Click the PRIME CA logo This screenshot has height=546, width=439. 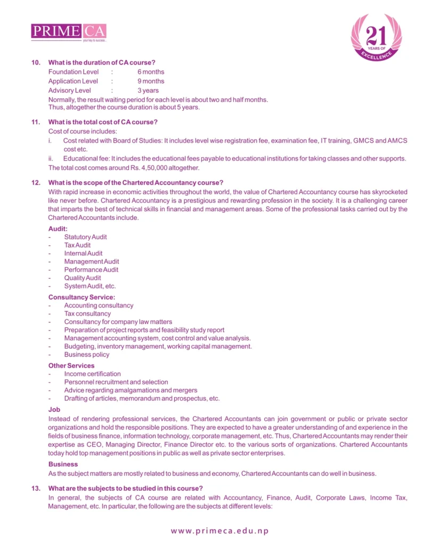point(69,31)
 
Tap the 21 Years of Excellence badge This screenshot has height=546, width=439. point(376,37)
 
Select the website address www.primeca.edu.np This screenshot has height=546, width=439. point(220,531)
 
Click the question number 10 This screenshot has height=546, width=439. point(36,63)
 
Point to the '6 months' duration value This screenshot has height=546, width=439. point(151,72)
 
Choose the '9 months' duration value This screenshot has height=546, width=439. point(151,81)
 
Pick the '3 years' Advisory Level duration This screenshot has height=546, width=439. point(148,91)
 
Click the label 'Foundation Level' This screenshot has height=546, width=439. point(74,72)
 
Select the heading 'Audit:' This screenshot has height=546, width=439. point(58,229)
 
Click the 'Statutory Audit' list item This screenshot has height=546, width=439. point(85,237)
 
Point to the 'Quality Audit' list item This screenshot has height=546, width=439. point(83,278)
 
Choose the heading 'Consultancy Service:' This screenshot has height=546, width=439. point(82,297)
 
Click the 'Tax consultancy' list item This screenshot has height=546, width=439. point(87,314)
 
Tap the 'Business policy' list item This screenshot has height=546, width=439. point(87,355)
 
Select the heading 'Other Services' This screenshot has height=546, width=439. point(71,366)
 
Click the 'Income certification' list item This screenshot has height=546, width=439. point(92,374)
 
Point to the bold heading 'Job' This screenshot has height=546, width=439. point(54,410)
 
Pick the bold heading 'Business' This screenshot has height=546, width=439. point(63,464)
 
